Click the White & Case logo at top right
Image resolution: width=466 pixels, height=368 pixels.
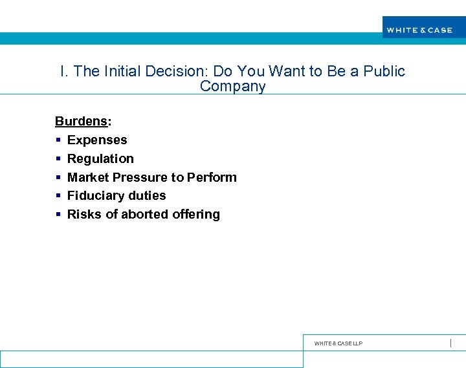coord(419,30)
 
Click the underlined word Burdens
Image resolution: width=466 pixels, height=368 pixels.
coord(81,122)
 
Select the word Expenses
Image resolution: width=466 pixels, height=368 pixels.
coord(97,140)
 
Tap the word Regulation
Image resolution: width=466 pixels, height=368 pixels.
coord(100,159)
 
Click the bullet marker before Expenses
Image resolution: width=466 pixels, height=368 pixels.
coord(58,140)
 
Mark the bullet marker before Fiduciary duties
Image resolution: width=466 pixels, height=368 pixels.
coord(58,196)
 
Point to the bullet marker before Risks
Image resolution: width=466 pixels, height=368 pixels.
coord(58,215)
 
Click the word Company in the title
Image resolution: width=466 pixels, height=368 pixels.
coord(232,87)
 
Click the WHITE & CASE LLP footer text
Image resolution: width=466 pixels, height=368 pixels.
coord(338,343)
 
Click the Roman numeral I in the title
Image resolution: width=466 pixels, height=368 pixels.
coord(62,71)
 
